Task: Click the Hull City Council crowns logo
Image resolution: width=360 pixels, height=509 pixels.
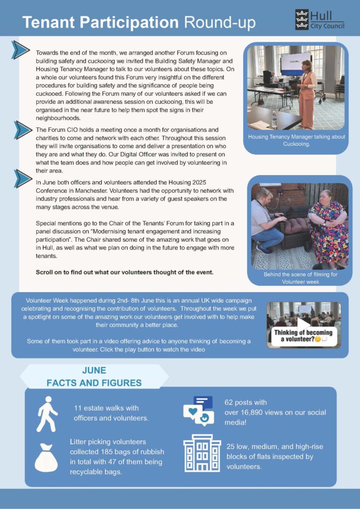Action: click(x=302, y=19)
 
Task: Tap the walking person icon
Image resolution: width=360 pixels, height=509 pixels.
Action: click(x=47, y=414)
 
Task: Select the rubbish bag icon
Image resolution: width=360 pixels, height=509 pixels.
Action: click(x=46, y=455)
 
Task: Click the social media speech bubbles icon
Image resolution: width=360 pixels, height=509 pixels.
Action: click(x=198, y=411)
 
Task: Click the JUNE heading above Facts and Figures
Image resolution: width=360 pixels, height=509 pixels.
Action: click(x=94, y=370)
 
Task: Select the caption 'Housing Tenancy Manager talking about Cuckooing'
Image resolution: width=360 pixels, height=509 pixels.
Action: click(x=297, y=140)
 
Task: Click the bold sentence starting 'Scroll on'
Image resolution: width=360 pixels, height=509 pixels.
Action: click(x=124, y=272)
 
